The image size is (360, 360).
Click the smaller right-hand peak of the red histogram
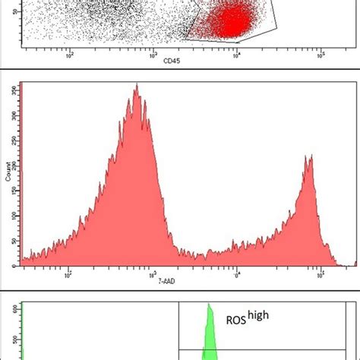[x=308, y=157]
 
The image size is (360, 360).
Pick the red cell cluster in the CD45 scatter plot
[x=232, y=23]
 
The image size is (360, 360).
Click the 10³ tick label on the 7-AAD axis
[x=153, y=274]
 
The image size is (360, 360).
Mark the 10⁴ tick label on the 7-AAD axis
[x=237, y=274]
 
